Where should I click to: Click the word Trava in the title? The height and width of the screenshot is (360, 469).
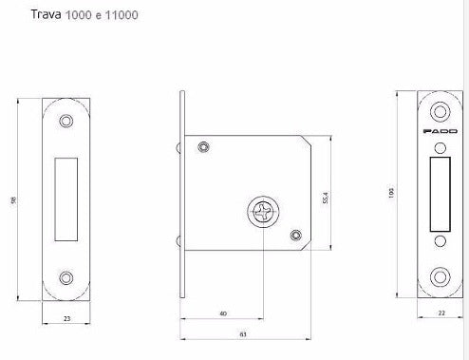click(46, 16)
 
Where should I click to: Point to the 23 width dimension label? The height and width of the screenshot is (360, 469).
click(66, 319)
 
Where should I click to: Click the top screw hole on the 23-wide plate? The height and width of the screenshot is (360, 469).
click(66, 122)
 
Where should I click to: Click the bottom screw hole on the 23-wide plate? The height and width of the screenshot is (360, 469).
click(66, 277)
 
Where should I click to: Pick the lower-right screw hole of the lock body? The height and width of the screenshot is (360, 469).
click(295, 235)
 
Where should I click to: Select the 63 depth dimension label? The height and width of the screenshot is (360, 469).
click(242, 335)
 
